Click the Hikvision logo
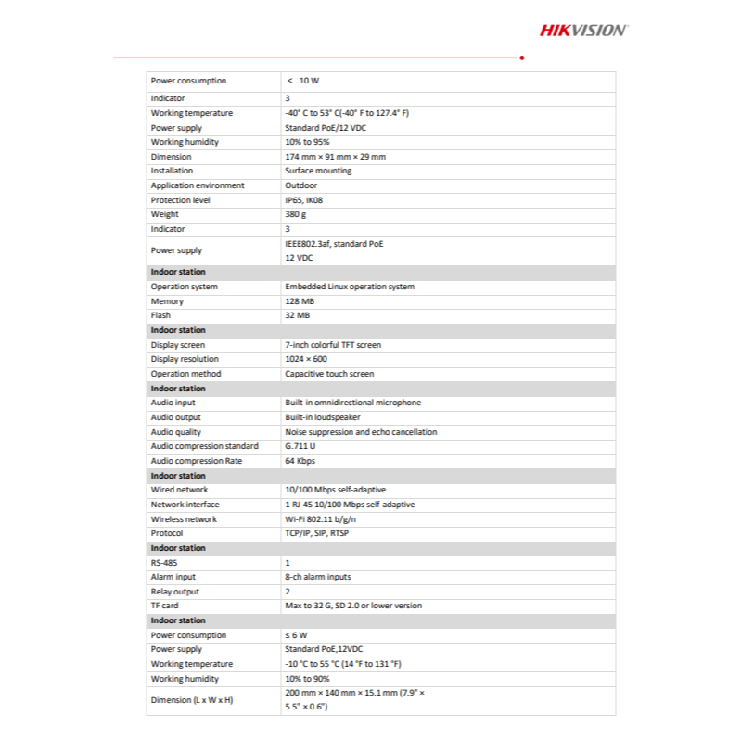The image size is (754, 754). (x=583, y=31)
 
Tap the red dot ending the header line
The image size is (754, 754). (x=522, y=58)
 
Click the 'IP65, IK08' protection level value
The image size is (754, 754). (x=306, y=200)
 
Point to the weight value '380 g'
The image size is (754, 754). (x=296, y=214)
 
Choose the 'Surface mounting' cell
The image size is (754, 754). (x=318, y=171)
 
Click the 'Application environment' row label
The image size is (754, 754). (x=198, y=185)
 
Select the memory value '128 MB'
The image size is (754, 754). (x=299, y=301)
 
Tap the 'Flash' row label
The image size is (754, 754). (x=160, y=315)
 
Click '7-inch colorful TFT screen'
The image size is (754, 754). (x=333, y=345)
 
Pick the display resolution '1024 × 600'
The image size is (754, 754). (x=306, y=359)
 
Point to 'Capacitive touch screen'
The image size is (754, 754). (x=329, y=374)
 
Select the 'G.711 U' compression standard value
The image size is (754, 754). (x=300, y=446)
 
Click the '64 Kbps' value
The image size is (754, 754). (x=300, y=461)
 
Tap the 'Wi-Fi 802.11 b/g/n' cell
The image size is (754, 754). (x=321, y=519)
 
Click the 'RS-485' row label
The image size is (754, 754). (x=163, y=563)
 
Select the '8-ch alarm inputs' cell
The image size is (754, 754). (x=317, y=577)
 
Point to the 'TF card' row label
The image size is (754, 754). (x=164, y=606)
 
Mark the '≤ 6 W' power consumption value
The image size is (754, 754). (x=296, y=635)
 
